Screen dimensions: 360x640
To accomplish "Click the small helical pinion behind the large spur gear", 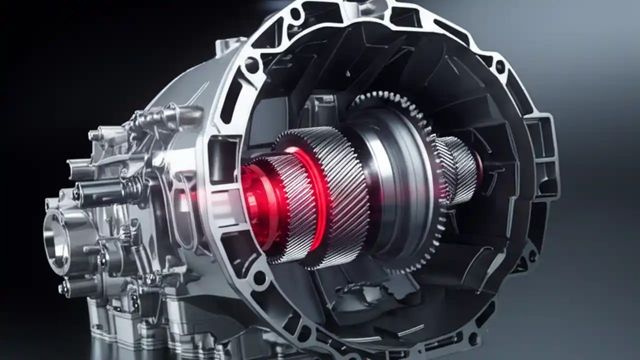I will (457, 170).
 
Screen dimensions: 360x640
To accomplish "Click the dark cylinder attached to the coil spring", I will (100, 192).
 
